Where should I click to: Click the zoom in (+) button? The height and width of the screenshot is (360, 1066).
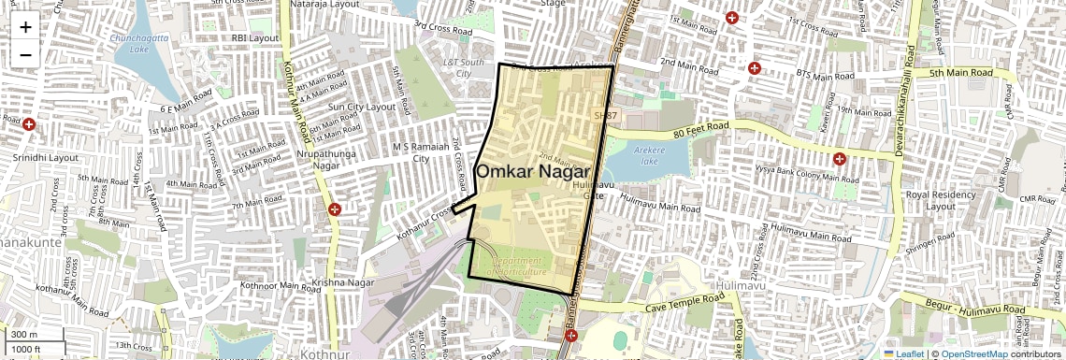click(25, 26)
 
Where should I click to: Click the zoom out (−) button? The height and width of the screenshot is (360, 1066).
click(25, 54)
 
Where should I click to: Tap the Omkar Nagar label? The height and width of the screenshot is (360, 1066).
click(533, 172)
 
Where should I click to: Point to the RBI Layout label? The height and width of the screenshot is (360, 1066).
click(255, 38)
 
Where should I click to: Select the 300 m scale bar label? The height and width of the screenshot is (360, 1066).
click(24, 334)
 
